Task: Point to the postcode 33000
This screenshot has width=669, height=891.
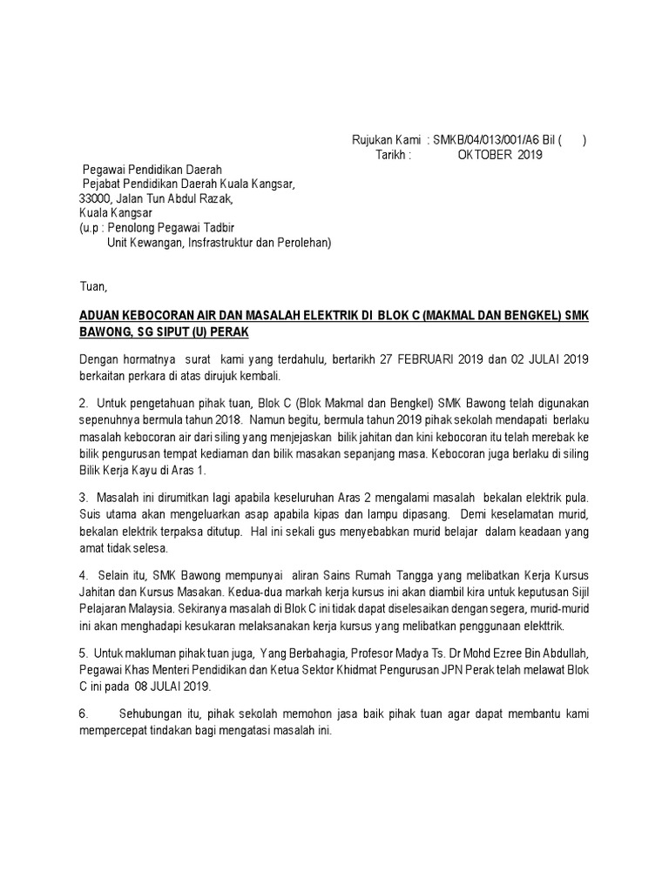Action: (97, 198)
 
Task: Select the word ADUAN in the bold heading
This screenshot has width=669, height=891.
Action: (101, 318)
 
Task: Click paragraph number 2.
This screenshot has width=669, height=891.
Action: (84, 405)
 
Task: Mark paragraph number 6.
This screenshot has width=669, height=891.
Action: (84, 714)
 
